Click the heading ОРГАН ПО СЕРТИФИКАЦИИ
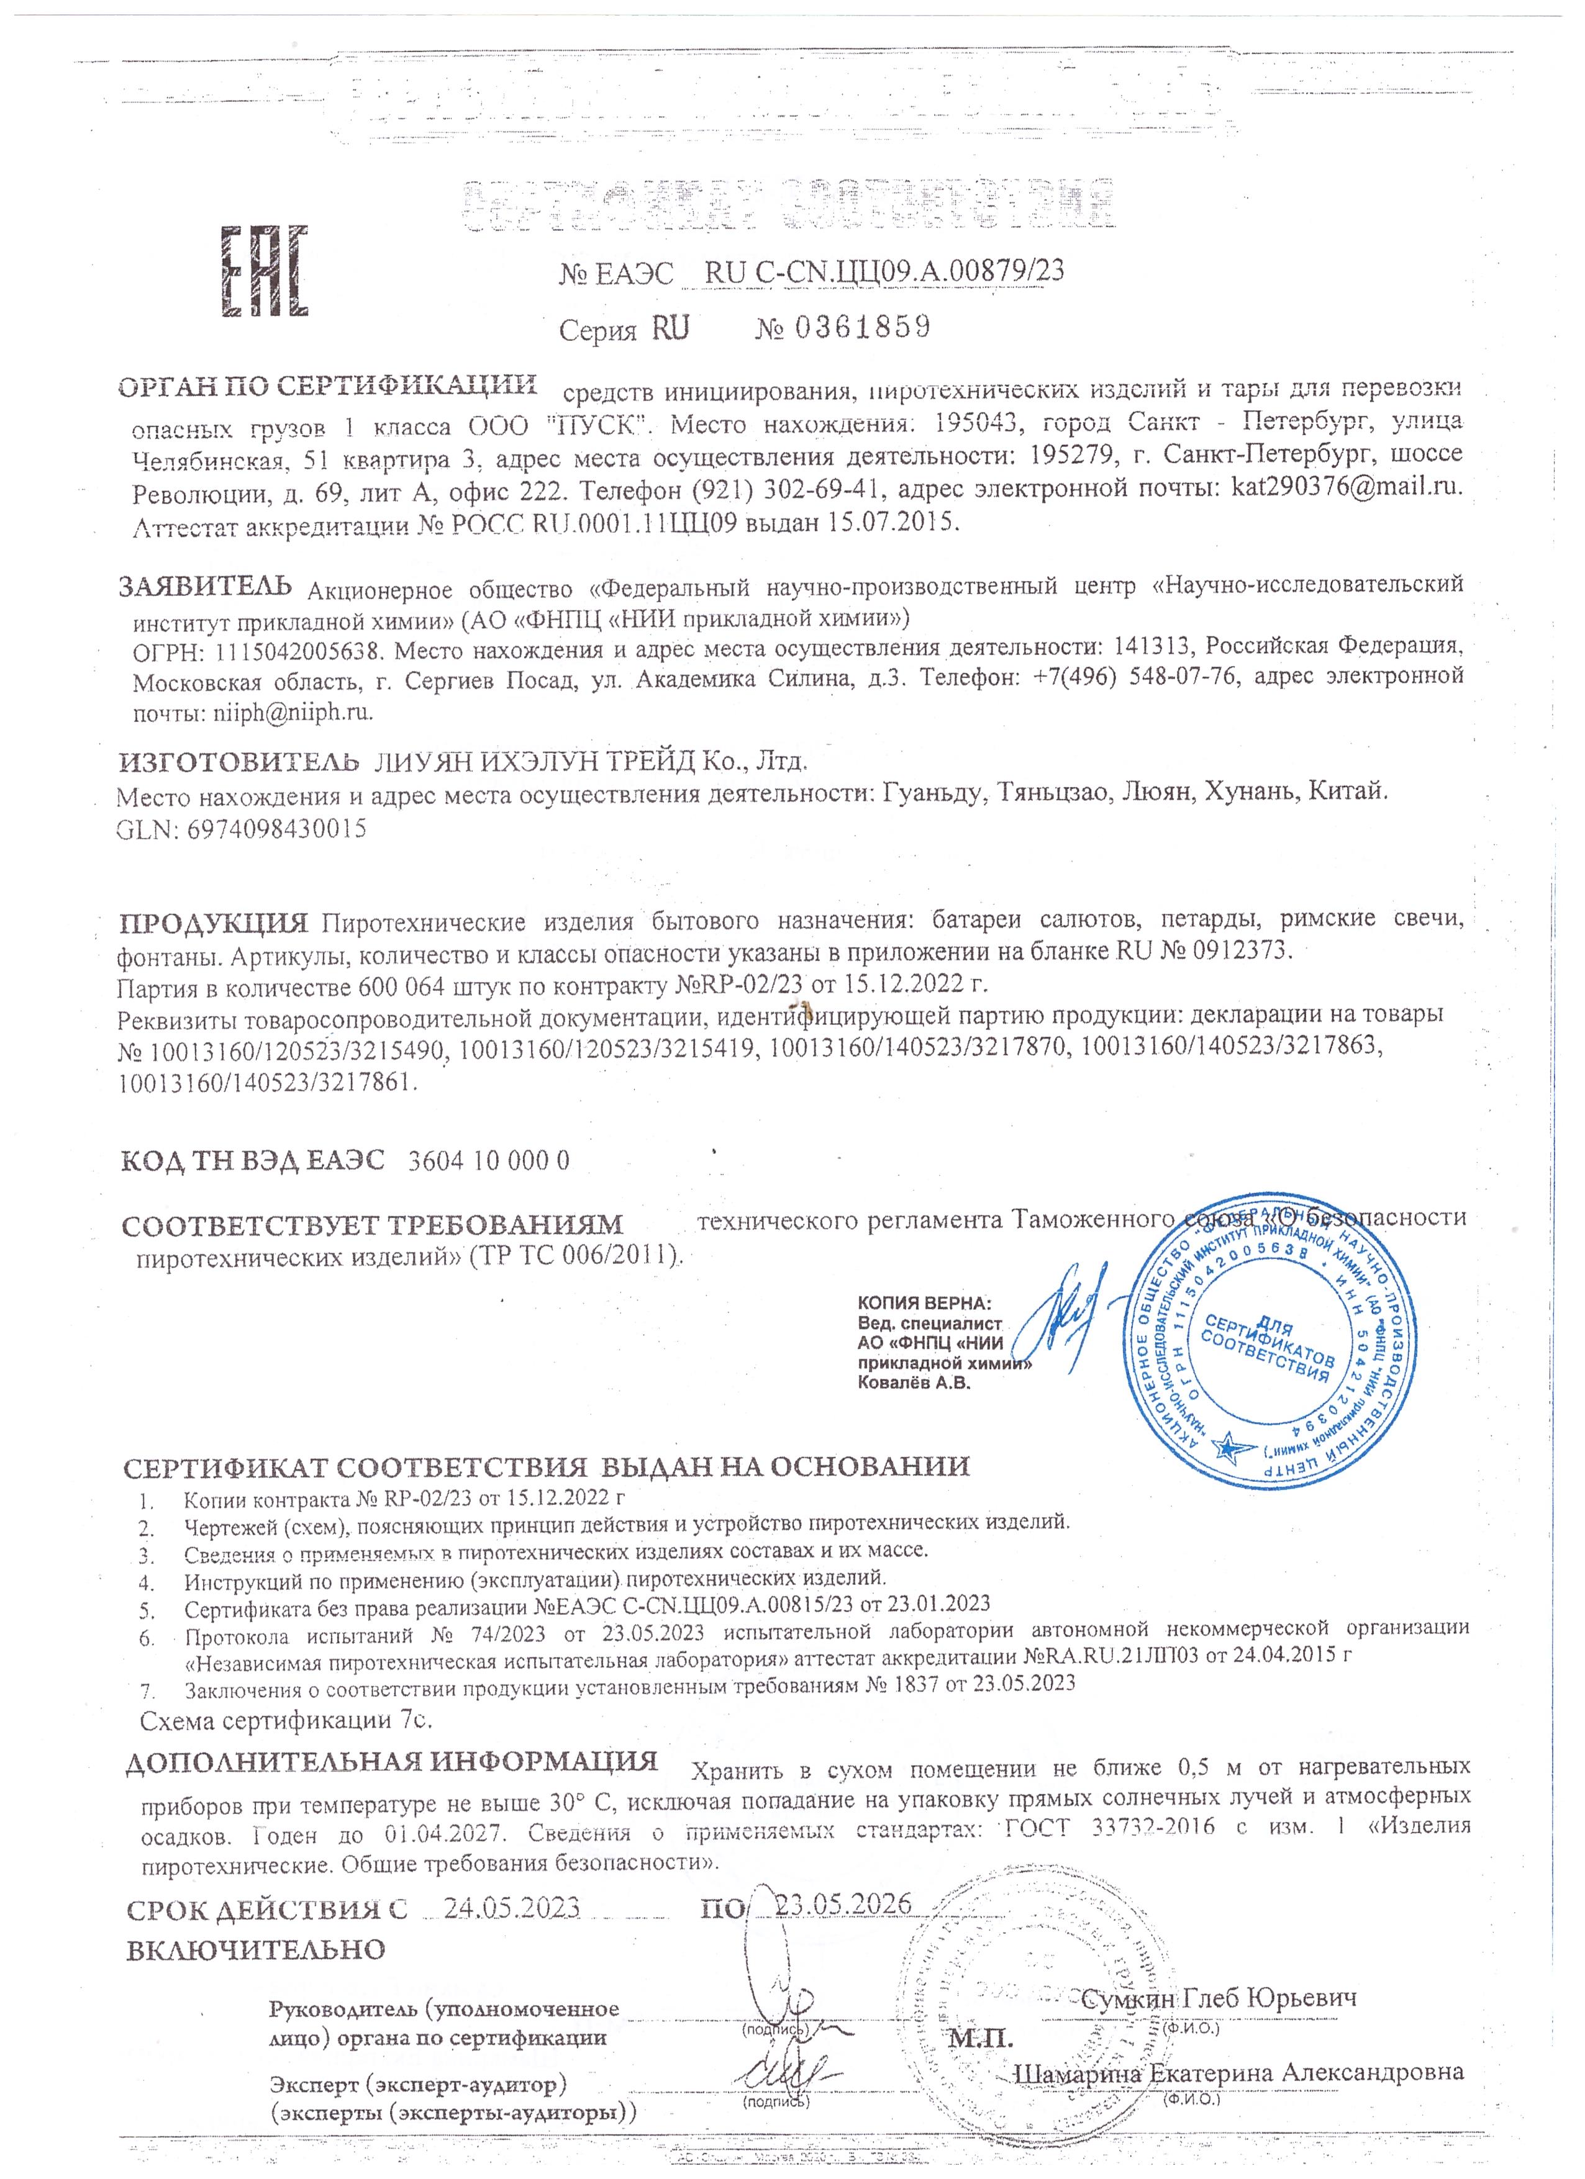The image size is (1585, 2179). pos(327,386)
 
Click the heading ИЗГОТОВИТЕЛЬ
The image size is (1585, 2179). pos(238,763)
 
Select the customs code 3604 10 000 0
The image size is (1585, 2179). pos(488,1161)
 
